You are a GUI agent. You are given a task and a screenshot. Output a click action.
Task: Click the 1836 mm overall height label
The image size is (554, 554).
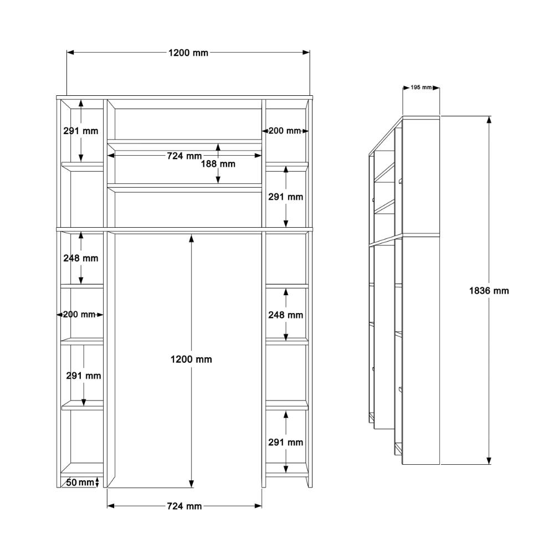pos(489,291)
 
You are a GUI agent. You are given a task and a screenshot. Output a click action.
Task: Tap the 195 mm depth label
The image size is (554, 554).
pos(421,88)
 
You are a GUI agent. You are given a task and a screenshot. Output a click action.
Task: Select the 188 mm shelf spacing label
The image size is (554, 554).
pos(218,164)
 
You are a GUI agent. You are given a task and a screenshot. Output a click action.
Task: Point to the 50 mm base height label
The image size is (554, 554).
pos(80,483)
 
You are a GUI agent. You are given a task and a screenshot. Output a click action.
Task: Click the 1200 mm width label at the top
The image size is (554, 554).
pos(188,53)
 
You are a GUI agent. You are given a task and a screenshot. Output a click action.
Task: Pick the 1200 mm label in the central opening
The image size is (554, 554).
pos(191,360)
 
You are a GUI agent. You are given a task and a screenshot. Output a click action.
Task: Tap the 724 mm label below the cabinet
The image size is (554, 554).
pos(184,506)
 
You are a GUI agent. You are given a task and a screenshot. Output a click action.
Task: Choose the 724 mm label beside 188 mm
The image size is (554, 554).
pos(184,156)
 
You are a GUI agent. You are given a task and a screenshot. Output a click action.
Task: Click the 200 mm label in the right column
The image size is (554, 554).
pos(285,131)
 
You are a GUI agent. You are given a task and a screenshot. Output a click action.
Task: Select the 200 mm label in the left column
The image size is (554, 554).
pos(79,315)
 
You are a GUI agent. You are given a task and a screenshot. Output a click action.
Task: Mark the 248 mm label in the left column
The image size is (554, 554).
pos(81,258)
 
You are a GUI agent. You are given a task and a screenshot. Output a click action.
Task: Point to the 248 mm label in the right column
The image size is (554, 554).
pos(286,315)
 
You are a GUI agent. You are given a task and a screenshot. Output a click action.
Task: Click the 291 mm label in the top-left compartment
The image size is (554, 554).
pos(81,131)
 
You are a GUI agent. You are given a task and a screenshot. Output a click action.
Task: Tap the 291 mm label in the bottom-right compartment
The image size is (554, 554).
pos(286,442)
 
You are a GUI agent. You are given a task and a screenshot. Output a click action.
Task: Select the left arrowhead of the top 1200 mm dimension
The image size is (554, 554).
pos(70,53)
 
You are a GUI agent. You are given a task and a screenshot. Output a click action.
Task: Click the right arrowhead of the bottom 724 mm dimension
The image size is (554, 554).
pos(258,506)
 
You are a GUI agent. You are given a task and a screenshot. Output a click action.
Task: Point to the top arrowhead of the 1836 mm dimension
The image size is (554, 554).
pos(489,120)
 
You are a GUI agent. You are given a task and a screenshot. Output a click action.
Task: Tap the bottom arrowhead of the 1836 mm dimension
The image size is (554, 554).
pos(489,461)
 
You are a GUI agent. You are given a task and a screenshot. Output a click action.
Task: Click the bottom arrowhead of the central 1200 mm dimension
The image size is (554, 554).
pos(192,484)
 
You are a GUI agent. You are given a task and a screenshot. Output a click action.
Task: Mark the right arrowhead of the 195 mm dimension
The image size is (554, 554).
pos(436,88)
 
